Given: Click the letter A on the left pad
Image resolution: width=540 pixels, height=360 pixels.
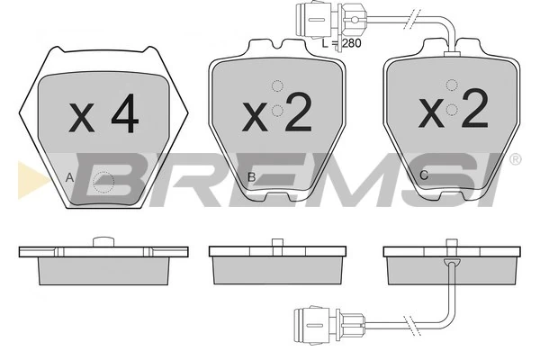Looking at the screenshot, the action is (x=69, y=178).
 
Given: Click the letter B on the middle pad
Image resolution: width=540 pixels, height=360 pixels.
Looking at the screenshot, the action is (x=252, y=177).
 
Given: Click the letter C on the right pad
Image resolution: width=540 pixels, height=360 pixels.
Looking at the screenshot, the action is (x=424, y=175).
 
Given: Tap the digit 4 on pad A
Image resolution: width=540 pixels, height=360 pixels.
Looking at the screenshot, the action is (x=125, y=113).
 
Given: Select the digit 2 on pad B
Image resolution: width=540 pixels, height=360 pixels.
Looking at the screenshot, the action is (x=298, y=112).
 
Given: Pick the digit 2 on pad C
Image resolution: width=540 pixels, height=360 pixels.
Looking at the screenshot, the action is (x=475, y=108).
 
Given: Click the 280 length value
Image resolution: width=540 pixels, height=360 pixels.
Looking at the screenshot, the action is (x=352, y=43).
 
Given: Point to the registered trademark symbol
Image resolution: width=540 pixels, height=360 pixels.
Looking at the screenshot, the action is (x=515, y=159).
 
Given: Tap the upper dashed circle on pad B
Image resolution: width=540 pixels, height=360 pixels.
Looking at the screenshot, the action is (x=277, y=86).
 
